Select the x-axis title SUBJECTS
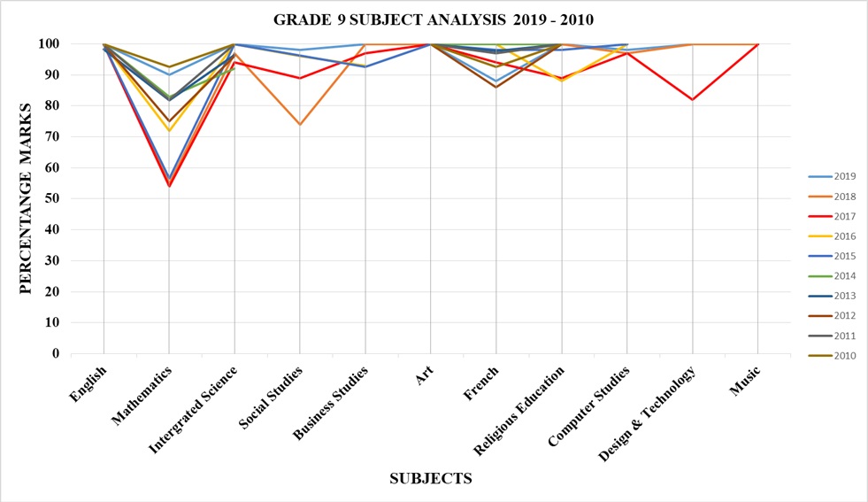click(431, 479)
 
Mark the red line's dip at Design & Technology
click(692, 99)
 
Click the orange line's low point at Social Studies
click(300, 124)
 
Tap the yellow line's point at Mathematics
click(169, 131)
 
